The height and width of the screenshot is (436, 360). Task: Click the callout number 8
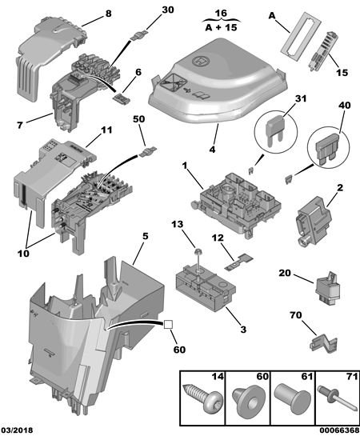tap(109, 14)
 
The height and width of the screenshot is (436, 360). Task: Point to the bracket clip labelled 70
tap(323, 344)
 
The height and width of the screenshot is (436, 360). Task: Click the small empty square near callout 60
tap(169, 324)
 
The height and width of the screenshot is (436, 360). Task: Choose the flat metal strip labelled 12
tap(239, 262)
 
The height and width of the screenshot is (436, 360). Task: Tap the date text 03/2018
tap(17, 430)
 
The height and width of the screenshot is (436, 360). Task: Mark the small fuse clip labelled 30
tap(139, 35)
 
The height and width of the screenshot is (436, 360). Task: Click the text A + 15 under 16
tap(221, 27)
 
